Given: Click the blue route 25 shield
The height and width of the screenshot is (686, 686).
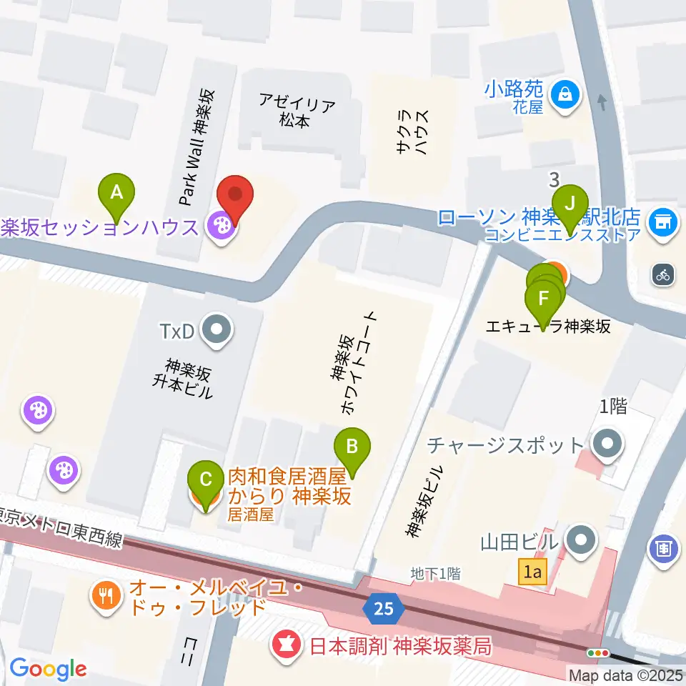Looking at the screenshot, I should [384, 609].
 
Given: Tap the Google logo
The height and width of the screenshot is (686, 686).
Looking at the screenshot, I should [48, 669].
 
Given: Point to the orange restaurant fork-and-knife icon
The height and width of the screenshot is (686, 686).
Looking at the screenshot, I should [107, 597].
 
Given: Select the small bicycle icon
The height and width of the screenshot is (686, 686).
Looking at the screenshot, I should [663, 274].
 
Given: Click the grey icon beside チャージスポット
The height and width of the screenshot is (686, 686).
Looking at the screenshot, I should [607, 444].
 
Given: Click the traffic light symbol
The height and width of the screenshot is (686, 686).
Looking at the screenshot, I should [597, 652].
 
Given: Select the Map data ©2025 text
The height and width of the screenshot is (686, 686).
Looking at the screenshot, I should [626, 675].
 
